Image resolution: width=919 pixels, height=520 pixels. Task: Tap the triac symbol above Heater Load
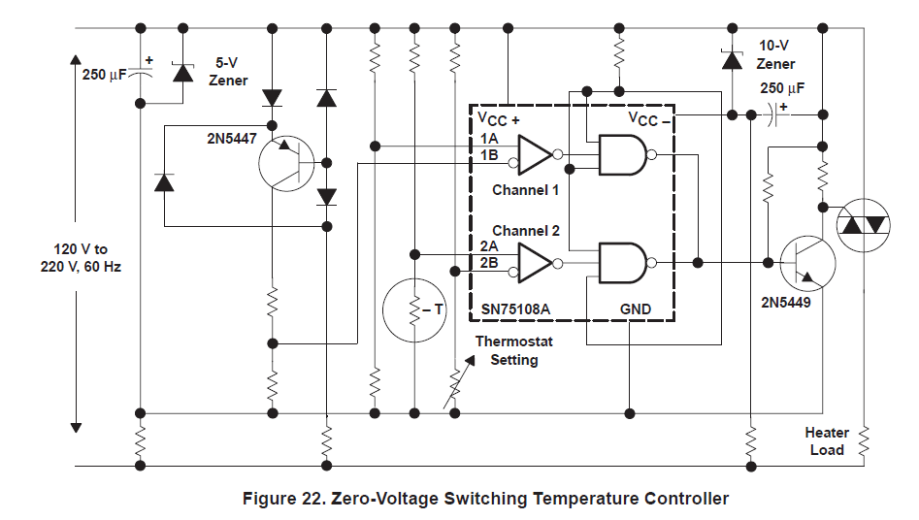click(x=863, y=225)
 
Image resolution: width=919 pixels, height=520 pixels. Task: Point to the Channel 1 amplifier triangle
click(x=534, y=154)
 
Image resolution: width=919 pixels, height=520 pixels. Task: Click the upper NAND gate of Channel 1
click(x=622, y=154)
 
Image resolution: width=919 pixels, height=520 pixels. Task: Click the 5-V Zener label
click(x=228, y=71)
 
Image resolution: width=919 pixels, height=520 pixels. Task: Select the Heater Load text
click(x=826, y=441)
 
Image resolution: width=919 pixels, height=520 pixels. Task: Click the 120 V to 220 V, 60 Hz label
click(x=87, y=258)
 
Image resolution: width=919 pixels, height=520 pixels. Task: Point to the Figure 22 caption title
click(x=484, y=500)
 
